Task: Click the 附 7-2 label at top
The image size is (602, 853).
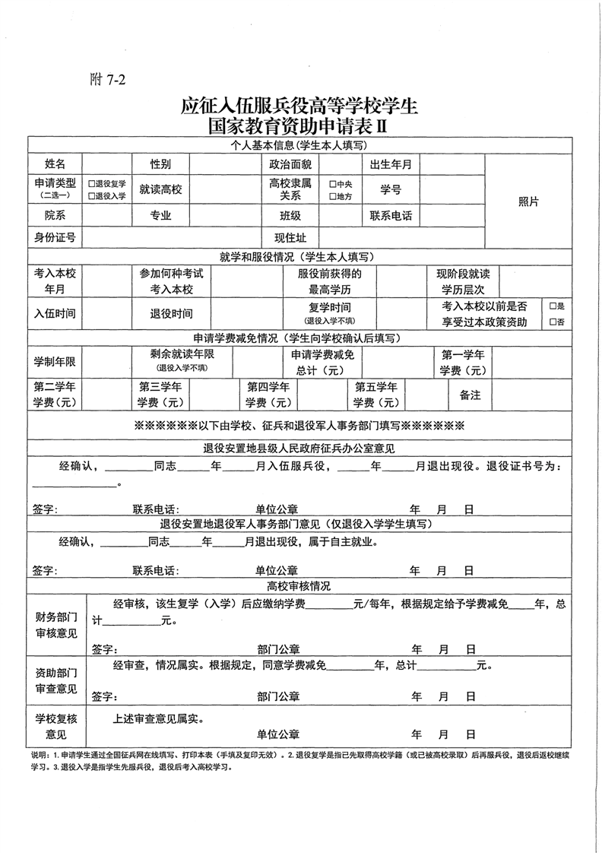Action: point(107,81)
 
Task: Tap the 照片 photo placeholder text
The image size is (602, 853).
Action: point(528,201)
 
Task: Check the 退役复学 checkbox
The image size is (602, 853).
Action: point(91,184)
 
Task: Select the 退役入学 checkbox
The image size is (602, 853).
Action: point(91,196)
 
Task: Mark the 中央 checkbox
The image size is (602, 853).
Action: point(332,184)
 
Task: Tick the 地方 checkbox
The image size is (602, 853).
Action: point(332,196)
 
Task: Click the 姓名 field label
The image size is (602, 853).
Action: point(55,164)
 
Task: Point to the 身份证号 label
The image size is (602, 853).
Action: point(55,238)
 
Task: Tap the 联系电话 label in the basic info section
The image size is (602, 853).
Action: point(391,216)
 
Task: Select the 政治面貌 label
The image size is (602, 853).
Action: point(290,164)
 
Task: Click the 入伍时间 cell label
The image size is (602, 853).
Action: point(55,313)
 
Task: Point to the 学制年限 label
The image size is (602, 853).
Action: point(55,360)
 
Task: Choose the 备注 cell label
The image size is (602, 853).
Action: point(470,395)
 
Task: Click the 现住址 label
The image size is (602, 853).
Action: point(290,238)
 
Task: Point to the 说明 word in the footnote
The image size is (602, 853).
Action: point(39,756)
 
